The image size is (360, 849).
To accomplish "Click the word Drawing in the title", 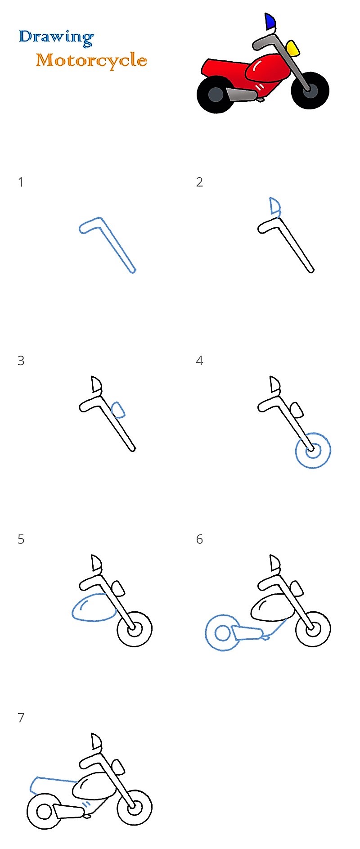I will point(56,37).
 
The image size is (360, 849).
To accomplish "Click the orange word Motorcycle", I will point(91,60).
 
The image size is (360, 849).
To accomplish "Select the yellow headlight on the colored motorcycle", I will point(293,48).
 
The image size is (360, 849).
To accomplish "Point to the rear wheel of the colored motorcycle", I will point(216,95).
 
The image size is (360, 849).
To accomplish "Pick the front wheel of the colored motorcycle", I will point(310,90).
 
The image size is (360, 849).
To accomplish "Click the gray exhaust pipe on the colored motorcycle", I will point(241,95).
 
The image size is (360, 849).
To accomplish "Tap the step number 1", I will point(20,182).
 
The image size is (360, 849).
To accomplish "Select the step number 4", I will point(199,361).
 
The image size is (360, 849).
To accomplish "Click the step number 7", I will point(21,718).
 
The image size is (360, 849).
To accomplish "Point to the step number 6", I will point(199,539).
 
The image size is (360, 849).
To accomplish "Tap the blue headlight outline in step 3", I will point(118,410).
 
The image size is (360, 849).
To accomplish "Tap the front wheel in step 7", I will point(135,808).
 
